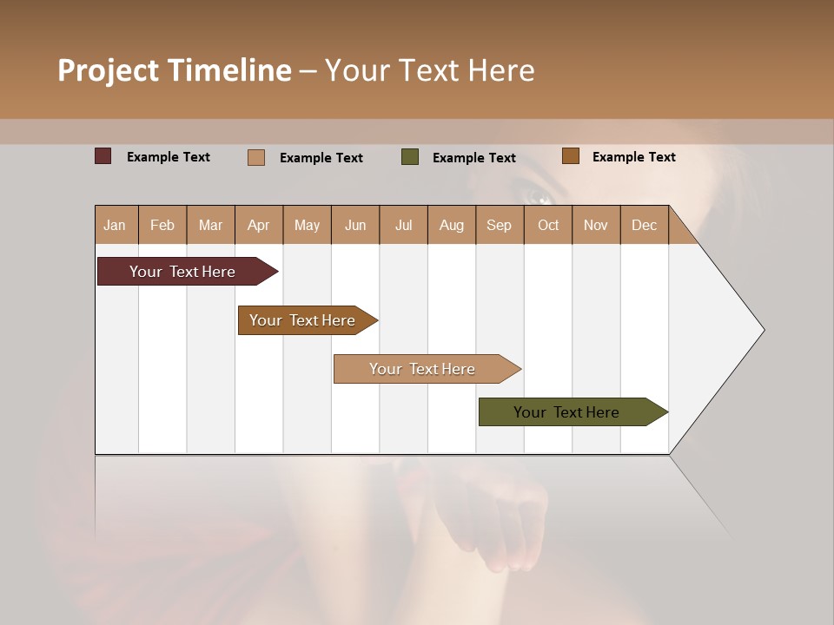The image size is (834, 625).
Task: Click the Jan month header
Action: point(116,225)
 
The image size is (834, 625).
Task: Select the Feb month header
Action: point(162,225)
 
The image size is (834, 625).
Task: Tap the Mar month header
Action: point(210,225)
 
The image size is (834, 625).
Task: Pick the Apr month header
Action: point(259,225)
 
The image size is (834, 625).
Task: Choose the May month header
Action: point(307,225)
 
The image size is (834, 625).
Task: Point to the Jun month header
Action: point(355,225)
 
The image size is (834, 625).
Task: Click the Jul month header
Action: point(403,225)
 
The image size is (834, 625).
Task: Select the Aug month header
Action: point(452,225)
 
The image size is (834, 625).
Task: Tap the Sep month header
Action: point(500,225)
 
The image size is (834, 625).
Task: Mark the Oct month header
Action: point(548,225)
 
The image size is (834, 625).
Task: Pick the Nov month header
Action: point(596,225)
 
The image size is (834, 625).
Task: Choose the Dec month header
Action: point(645,225)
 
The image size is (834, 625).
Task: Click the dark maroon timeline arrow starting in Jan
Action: point(183,272)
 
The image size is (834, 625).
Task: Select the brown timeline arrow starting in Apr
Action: point(303,320)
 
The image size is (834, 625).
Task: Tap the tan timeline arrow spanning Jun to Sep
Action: point(423,369)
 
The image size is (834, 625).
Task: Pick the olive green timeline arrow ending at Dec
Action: point(567,412)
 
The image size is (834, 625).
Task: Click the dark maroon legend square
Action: point(103,156)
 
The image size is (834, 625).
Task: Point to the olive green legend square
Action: point(410,157)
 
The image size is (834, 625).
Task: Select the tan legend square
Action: point(256,157)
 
